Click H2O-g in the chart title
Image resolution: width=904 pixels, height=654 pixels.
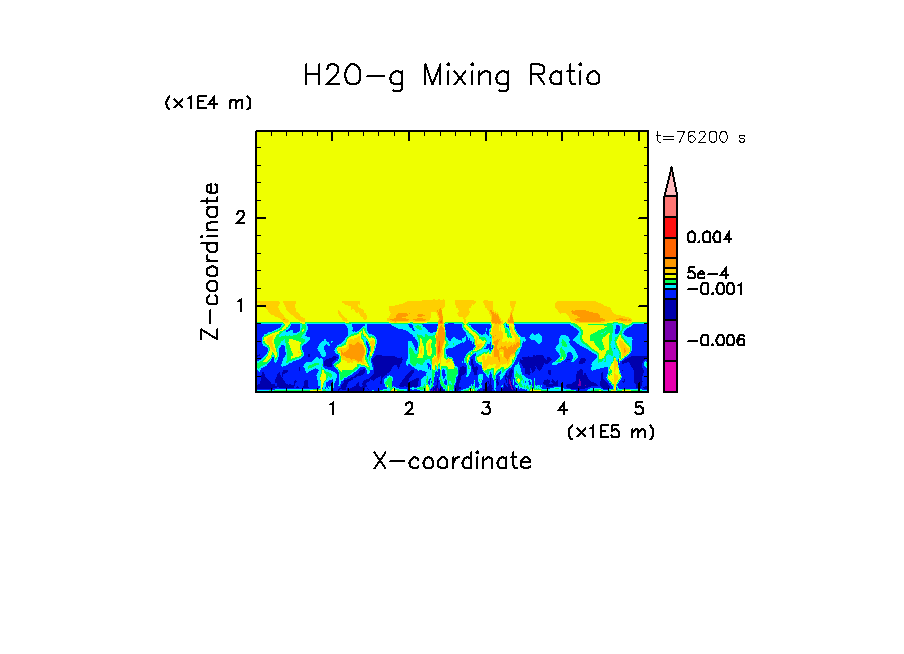click(x=353, y=77)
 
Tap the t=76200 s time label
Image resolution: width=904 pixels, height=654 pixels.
click(x=700, y=138)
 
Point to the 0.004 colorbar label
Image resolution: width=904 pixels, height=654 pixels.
click(x=710, y=238)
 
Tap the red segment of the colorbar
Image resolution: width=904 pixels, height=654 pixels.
click(x=671, y=227)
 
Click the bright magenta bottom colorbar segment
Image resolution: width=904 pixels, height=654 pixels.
click(x=671, y=377)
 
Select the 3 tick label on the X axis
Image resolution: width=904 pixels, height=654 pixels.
click(x=486, y=409)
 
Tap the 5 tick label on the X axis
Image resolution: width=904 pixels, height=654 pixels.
click(x=639, y=409)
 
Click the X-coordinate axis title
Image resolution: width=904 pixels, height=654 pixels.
click(x=452, y=461)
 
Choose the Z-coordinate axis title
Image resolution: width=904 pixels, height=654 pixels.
click(x=210, y=261)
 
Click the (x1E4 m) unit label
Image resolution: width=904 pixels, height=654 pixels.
click(x=208, y=103)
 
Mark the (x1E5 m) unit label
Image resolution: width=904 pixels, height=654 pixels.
click(x=610, y=431)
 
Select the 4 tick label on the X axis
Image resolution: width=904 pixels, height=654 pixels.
click(x=563, y=409)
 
